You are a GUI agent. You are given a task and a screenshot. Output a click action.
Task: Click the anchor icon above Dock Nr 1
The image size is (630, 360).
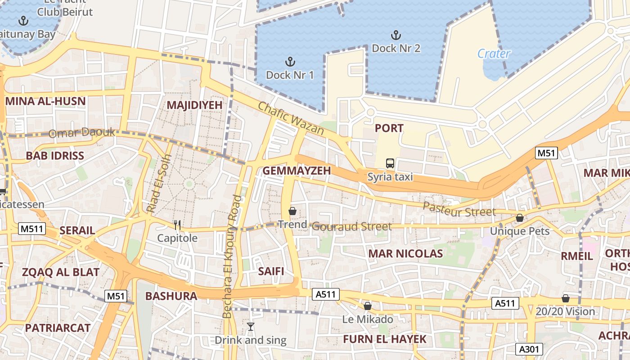(x=290, y=61)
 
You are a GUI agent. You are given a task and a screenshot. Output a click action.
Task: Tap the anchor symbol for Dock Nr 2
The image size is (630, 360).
(x=396, y=35)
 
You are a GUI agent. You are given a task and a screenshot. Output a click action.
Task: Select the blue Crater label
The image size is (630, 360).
(x=494, y=54)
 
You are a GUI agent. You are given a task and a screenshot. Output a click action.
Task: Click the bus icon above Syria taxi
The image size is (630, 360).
(x=390, y=163)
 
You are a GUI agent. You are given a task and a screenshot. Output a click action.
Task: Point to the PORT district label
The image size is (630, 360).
(x=389, y=128)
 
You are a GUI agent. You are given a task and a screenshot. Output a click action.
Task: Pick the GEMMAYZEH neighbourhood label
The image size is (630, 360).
(x=297, y=171)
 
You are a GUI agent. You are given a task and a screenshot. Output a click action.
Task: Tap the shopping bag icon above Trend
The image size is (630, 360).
(x=292, y=211)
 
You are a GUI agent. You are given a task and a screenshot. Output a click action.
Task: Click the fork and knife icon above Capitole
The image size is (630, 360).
(x=177, y=225)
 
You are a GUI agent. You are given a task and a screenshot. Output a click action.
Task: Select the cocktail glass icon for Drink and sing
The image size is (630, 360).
(x=251, y=327)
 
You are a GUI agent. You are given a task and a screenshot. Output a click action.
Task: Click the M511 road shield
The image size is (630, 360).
(x=32, y=229)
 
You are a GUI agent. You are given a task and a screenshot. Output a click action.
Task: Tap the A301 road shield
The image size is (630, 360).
(x=529, y=349)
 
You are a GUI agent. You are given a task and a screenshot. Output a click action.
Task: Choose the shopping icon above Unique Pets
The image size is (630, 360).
(x=520, y=218)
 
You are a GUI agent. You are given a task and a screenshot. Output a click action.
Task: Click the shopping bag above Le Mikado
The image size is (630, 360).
(x=368, y=306)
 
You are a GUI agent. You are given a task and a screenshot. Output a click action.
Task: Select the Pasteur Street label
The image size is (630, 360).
(x=459, y=209)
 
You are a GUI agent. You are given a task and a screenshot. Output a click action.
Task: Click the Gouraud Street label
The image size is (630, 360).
(x=351, y=226)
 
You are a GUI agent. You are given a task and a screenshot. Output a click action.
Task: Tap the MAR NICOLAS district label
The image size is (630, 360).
(x=405, y=254)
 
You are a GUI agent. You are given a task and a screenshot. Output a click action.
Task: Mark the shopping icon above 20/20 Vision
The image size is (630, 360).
(x=566, y=298)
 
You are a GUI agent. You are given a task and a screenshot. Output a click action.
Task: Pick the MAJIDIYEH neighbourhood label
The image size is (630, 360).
(x=194, y=105)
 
